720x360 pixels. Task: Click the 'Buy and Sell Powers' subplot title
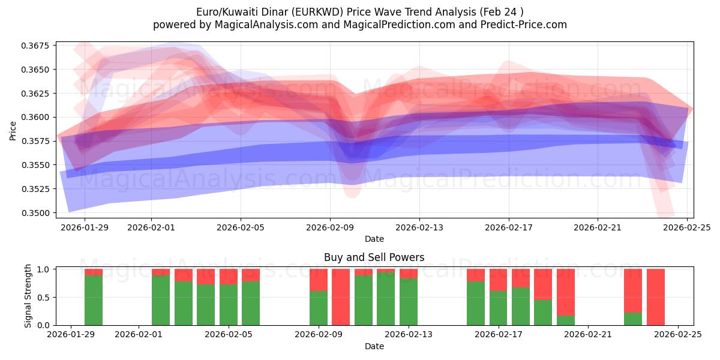point(374,257)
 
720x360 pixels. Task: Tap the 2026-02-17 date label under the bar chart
point(498,335)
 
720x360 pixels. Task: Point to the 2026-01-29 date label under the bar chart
point(71,335)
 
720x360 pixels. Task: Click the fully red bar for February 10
point(341,297)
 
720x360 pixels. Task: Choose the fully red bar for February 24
point(655,297)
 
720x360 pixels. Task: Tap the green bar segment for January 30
point(94,300)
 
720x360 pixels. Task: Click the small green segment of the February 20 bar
point(565,320)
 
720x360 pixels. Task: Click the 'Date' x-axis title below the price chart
point(374,239)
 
